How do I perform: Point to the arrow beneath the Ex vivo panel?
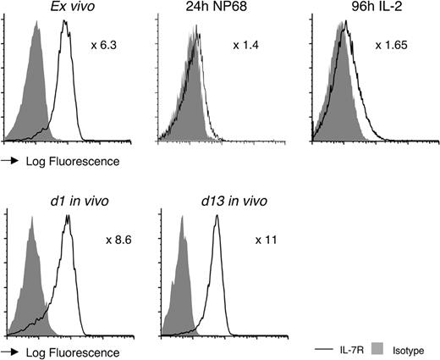point(12,159)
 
